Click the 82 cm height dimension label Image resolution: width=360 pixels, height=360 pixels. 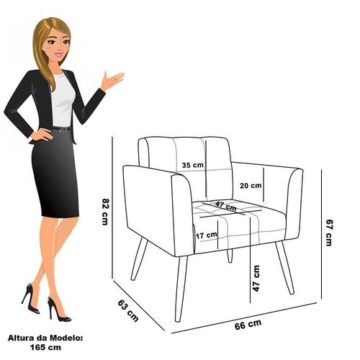(x=105, y=211)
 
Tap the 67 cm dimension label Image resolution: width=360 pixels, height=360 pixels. (x=329, y=233)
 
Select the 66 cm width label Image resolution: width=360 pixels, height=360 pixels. (x=248, y=325)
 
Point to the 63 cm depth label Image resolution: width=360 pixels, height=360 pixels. (x=128, y=311)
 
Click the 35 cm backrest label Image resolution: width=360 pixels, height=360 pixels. (x=192, y=165)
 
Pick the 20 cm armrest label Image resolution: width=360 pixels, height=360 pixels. (x=251, y=186)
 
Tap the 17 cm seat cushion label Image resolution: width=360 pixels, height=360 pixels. (x=207, y=235)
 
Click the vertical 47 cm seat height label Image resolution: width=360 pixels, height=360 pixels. (x=256, y=279)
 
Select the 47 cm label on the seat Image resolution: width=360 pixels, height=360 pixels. (x=226, y=206)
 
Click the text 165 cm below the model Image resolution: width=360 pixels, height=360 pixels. (x=45, y=347)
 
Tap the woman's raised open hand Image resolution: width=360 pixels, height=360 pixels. (x=112, y=80)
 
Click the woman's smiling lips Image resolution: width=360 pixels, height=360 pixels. (x=59, y=55)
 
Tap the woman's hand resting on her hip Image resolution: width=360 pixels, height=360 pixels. (x=41, y=135)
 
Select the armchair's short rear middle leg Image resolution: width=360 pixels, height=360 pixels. (x=230, y=256)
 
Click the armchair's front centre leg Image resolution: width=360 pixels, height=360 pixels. (x=181, y=289)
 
